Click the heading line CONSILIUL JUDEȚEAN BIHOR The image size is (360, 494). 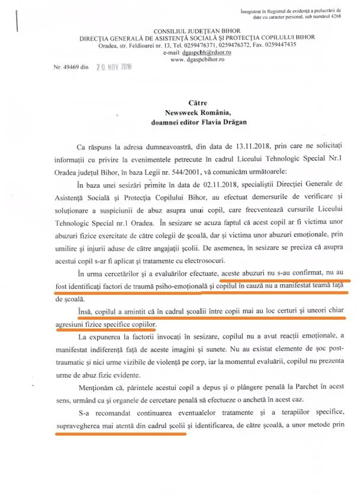(197, 31)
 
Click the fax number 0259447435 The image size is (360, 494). (280, 44)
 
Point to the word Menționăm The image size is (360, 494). (96, 387)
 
